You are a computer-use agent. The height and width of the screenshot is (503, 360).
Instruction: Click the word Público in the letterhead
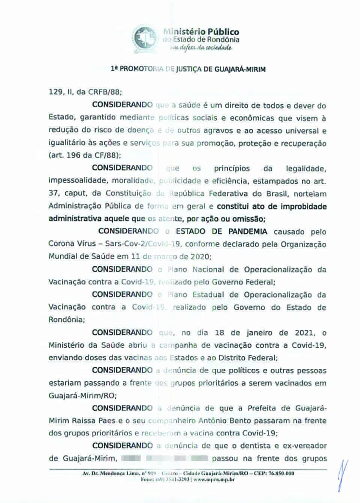pos(224,32)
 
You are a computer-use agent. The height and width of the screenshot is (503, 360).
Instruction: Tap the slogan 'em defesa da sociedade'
pos(201,48)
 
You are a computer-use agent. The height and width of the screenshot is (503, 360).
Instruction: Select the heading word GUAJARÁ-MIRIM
pos(240,69)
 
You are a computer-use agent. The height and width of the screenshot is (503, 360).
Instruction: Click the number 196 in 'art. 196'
pos(73,155)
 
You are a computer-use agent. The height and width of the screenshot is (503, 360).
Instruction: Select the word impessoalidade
pos(76,181)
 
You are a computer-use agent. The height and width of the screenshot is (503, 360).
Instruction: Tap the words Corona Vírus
pos(72,244)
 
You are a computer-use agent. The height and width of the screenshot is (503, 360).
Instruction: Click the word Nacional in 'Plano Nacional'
pos(208,269)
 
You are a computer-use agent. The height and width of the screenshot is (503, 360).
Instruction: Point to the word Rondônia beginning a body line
pos(66,320)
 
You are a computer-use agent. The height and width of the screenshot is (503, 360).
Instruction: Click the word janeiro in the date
pos(259,332)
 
